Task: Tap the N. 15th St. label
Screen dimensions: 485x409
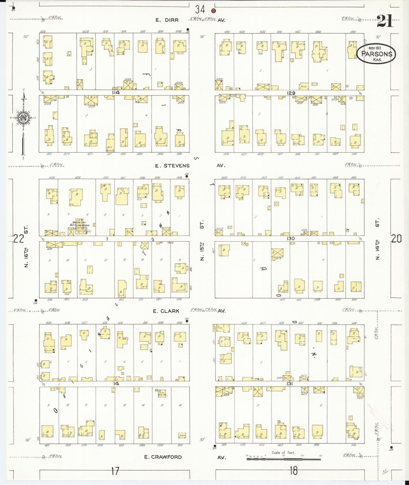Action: pyautogui.click(x=202, y=241)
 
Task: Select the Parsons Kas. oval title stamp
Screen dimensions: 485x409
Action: pyautogui.click(x=376, y=54)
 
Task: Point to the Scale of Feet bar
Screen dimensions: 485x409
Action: pyautogui.click(x=284, y=459)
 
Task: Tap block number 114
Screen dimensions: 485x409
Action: pyautogui.click(x=116, y=93)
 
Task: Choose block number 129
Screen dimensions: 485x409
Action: pyautogui.click(x=291, y=93)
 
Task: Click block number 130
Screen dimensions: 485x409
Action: pyautogui.click(x=291, y=239)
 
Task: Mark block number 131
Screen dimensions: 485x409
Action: pyautogui.click(x=289, y=384)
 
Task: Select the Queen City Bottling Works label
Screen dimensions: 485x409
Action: pyautogui.click(x=80, y=224)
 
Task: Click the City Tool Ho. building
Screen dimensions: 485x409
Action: pyautogui.click(x=160, y=393)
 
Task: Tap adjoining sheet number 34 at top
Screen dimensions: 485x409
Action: pyautogui.click(x=200, y=10)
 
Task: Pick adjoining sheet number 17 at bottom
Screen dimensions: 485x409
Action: pyautogui.click(x=115, y=471)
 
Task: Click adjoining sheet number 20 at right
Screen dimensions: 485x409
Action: pyautogui.click(x=396, y=239)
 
